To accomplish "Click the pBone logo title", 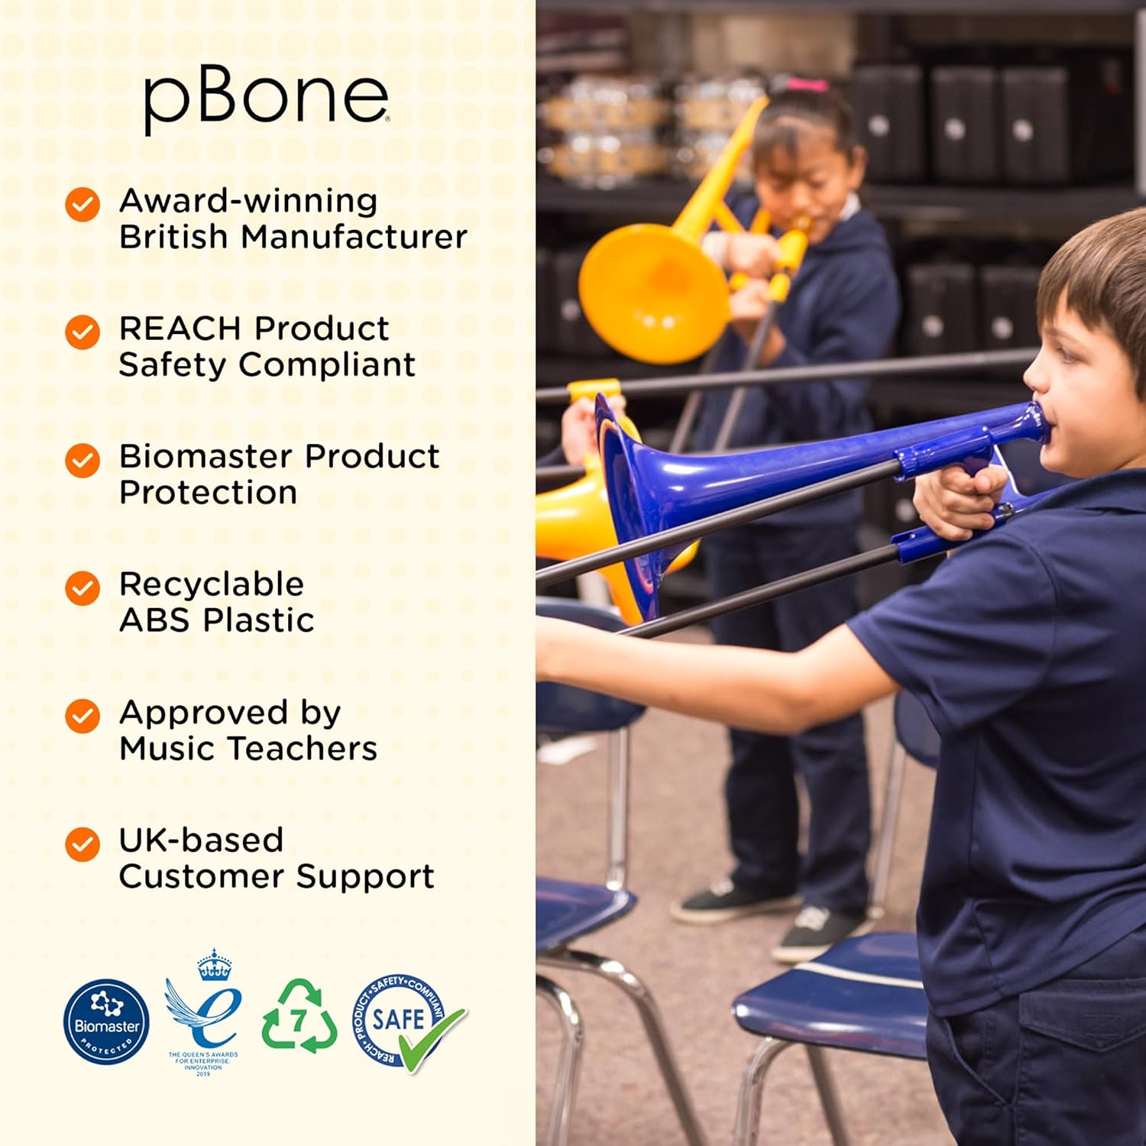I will (266, 99).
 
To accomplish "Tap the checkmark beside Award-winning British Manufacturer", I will (83, 205).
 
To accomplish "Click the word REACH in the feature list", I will (180, 329).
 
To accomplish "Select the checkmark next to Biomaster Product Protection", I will (83, 461).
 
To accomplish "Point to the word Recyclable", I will (212, 584).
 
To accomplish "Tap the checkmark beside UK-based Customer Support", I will (83, 844).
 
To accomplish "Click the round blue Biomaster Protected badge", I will (106, 1021).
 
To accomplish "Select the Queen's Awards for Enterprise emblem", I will (204, 1008).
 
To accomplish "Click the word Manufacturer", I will (354, 237).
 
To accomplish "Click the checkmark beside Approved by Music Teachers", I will (83, 716).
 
